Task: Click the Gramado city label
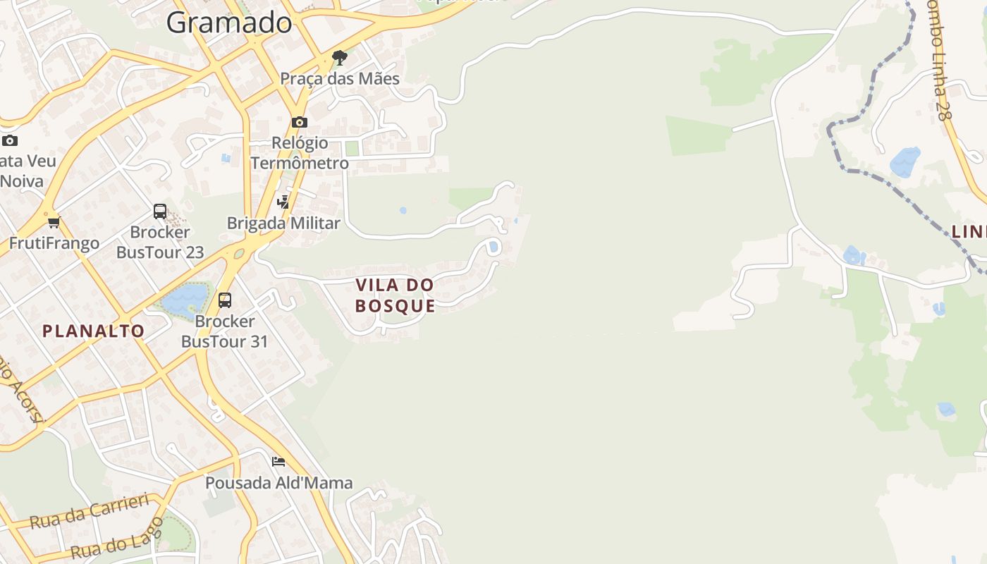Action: pos(229,23)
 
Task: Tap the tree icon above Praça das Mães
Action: pos(340,57)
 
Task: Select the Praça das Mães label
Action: pos(340,78)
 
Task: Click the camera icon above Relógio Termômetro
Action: pos(300,122)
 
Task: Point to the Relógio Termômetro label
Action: pos(300,153)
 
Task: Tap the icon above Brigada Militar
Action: pos(283,202)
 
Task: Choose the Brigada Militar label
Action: pos(283,223)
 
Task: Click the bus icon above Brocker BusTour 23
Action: pos(160,211)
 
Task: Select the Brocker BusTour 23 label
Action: pos(160,242)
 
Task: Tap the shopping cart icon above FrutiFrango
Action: pos(54,222)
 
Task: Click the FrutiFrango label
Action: pos(54,243)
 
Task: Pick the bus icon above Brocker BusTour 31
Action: pos(225,300)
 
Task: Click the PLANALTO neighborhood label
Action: pos(93,331)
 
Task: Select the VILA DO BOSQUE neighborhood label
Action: pos(395,295)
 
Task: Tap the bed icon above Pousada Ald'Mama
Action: pos(278,462)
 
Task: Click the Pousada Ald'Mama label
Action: pos(278,483)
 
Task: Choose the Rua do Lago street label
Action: pos(117,539)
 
